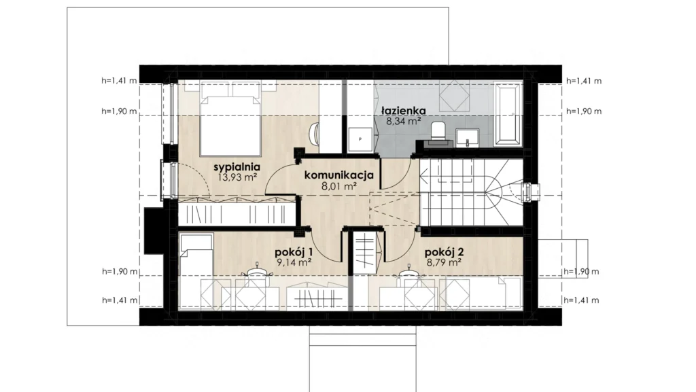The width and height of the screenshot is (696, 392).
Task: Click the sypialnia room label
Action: click(x=237, y=167)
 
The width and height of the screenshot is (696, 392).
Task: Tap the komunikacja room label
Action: click(x=339, y=175)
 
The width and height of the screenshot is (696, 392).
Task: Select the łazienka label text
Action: click(x=404, y=111)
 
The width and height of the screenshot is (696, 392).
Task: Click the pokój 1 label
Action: click(x=294, y=252)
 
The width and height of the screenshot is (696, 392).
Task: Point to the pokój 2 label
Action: click(x=445, y=252)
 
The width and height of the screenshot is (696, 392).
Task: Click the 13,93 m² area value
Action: click(x=238, y=177)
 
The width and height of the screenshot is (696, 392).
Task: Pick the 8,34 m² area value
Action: click(x=404, y=121)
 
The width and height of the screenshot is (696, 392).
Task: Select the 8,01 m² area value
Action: click(x=339, y=185)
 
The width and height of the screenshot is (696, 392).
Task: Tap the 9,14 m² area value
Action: click(x=294, y=262)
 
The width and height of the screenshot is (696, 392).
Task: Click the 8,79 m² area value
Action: click(x=444, y=262)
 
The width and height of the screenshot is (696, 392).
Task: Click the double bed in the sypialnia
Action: click(x=230, y=119)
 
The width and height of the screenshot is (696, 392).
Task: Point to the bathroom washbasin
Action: click(x=468, y=137)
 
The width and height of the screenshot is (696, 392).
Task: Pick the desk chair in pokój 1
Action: click(x=256, y=270)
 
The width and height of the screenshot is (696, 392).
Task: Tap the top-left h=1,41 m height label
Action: click(x=119, y=81)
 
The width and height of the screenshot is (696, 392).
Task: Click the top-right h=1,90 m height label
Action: click(x=584, y=111)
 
